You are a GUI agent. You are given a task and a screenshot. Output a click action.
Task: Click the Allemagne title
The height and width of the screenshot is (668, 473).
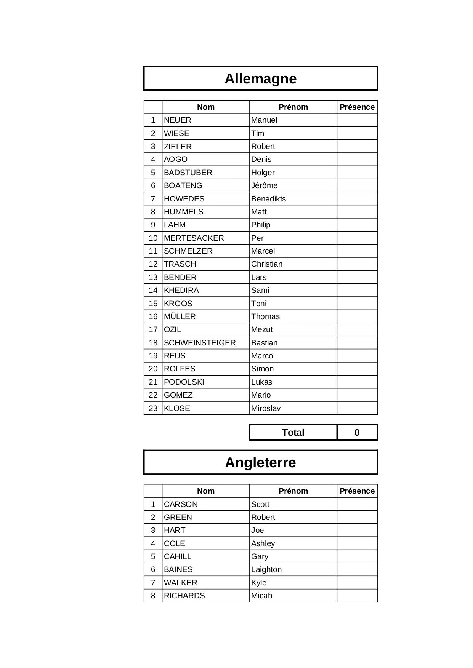(x=260, y=79)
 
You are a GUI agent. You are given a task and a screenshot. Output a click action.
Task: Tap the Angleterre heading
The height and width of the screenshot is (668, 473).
(x=260, y=463)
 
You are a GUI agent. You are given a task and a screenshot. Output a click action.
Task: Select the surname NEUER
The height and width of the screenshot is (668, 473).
(x=178, y=120)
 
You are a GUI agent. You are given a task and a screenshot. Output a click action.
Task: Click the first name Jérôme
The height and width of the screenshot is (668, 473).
(x=264, y=186)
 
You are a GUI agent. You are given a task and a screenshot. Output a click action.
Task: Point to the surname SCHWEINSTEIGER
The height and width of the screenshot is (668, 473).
(x=200, y=343)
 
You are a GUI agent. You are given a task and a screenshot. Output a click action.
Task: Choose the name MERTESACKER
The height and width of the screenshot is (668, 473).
(x=194, y=238)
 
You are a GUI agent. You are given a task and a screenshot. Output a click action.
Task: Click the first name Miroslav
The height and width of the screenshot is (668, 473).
(x=266, y=408)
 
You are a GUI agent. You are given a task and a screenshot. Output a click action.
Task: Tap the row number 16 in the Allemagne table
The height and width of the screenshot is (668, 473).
(x=153, y=316)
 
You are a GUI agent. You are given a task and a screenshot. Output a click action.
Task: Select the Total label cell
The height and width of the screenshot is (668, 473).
(x=293, y=433)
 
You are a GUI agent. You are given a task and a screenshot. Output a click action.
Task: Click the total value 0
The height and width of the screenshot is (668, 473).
(x=357, y=433)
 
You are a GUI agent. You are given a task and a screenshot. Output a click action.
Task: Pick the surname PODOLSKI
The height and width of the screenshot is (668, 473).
(x=184, y=382)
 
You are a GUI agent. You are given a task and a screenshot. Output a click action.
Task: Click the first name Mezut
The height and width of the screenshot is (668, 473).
(x=262, y=330)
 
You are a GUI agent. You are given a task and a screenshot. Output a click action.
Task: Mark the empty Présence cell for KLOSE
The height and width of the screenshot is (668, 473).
(x=357, y=408)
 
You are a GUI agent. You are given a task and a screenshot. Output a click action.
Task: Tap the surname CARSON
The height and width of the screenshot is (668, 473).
(x=181, y=504)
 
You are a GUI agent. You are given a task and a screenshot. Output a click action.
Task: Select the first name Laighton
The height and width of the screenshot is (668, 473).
(x=266, y=570)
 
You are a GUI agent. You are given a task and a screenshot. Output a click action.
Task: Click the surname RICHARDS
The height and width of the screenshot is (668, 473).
(x=184, y=596)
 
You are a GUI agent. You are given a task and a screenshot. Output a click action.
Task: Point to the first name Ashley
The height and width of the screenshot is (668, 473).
(x=263, y=543)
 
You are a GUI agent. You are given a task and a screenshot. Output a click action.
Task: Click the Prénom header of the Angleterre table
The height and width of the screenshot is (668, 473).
(x=293, y=491)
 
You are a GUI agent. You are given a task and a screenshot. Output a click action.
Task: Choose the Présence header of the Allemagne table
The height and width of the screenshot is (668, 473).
(x=357, y=107)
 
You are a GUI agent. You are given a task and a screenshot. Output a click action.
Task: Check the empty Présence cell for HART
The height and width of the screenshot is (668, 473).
(x=357, y=531)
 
